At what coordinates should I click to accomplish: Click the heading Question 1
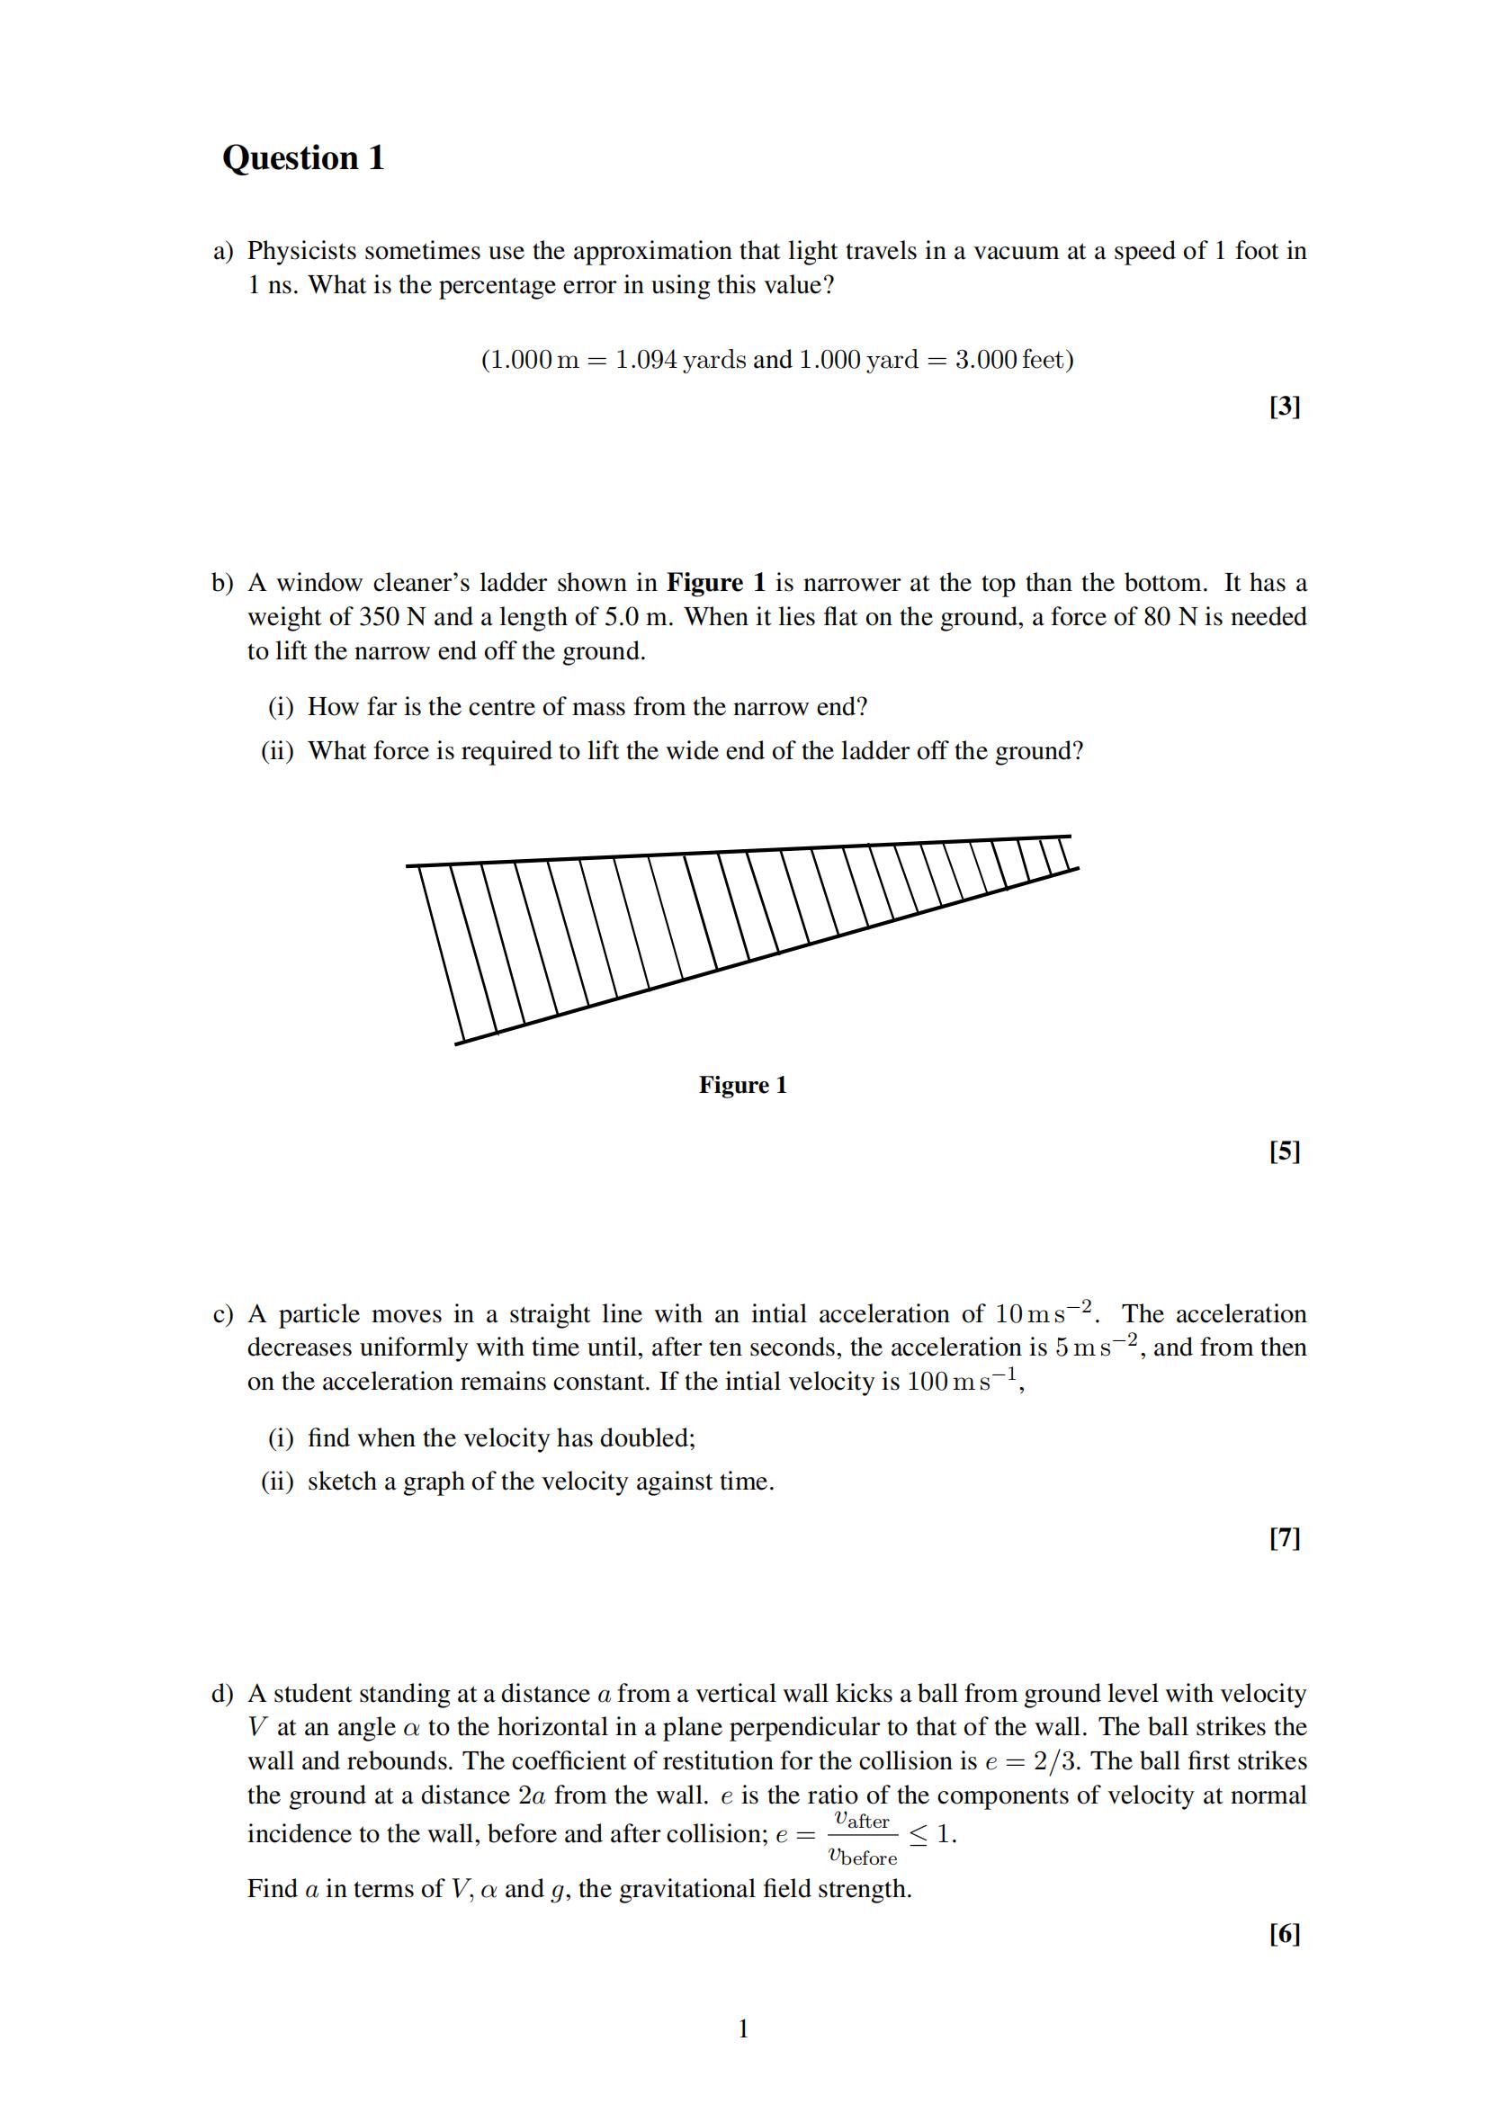pyautogui.click(x=303, y=157)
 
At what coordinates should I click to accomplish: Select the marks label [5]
pyautogui.click(x=1285, y=1151)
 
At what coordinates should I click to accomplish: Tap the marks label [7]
pyautogui.click(x=1285, y=1537)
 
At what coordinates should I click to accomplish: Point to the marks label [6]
pyautogui.click(x=1285, y=1934)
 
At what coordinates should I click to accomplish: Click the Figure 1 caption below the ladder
pyautogui.click(x=742, y=1085)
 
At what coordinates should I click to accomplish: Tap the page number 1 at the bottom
pyautogui.click(x=743, y=2028)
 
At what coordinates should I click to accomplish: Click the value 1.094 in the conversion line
pyautogui.click(x=646, y=359)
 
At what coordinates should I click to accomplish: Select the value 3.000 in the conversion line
pyautogui.click(x=986, y=359)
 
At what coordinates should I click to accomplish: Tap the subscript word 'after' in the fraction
pyautogui.click(x=867, y=1822)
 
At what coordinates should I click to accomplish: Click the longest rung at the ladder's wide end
pyautogui.click(x=439, y=953)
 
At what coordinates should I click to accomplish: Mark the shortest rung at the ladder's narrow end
pyautogui.click(x=1064, y=852)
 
